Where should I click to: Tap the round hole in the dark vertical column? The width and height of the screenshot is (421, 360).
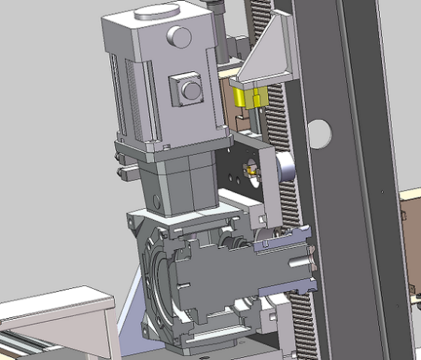(x=319, y=131)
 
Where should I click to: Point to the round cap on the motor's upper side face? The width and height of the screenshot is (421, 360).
(x=179, y=35)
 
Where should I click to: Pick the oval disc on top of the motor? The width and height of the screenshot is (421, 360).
(x=157, y=11)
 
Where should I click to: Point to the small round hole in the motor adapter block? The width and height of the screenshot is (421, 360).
(x=156, y=200)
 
